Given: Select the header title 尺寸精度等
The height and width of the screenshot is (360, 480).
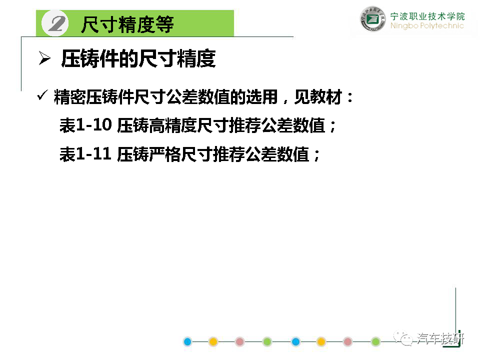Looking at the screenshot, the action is (x=127, y=24).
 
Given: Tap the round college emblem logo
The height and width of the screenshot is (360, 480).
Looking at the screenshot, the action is (x=372, y=19).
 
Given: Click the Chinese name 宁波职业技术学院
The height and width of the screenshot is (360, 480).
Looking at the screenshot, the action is (x=427, y=16).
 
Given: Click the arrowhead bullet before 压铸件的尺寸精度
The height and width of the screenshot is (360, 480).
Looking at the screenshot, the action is (x=44, y=58).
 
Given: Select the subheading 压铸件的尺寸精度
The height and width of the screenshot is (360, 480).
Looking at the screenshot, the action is (x=138, y=58).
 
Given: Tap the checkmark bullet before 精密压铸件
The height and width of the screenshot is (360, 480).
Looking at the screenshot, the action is (x=42, y=95).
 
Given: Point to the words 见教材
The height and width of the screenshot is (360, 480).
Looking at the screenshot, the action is (x=318, y=97).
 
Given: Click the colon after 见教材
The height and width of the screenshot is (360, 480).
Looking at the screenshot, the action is (x=350, y=97).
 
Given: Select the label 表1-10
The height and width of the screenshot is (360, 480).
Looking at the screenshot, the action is (x=85, y=125).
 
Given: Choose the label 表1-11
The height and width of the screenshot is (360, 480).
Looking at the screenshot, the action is (x=85, y=154).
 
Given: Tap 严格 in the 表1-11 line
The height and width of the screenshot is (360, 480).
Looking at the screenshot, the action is (x=165, y=154).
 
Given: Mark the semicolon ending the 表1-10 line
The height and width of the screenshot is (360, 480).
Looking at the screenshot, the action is (x=333, y=126).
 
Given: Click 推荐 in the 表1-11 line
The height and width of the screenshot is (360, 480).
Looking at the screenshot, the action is (x=228, y=154).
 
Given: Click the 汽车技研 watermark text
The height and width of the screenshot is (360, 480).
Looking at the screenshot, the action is (x=440, y=338).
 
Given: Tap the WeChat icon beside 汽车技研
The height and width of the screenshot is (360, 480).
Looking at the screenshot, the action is (x=403, y=338).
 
